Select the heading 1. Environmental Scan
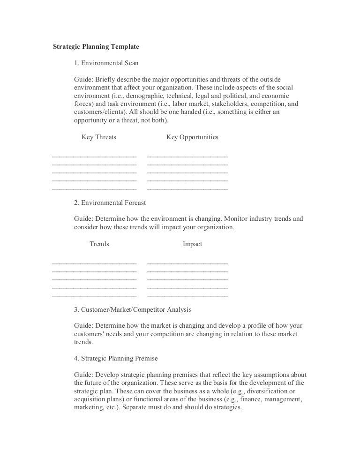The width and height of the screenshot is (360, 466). coord(106,62)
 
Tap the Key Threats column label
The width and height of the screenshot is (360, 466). coord(99,137)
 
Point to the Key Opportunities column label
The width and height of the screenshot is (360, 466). coord(192,137)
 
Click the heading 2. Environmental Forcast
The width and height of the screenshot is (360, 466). coord(110,203)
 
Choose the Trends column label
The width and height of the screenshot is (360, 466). coord(99,244)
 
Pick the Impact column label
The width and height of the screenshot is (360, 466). coord(192,244)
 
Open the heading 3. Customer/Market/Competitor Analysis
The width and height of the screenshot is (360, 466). coord(133,310)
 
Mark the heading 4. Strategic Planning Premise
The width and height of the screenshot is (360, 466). coord(116,358)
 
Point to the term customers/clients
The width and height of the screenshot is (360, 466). coord(97,112)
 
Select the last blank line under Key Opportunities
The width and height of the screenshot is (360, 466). coord(187,188)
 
